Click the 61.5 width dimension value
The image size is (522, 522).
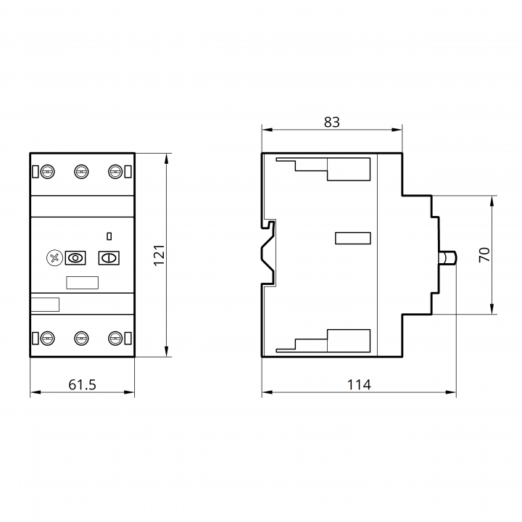coord(82,385)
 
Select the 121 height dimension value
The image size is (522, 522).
coord(159,255)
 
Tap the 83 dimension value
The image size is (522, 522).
coord(332,123)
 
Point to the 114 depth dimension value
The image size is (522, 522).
coord(359,385)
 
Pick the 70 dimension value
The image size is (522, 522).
coord(484,254)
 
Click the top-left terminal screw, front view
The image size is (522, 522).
coord(48,172)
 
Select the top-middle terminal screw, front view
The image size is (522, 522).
coord(81,172)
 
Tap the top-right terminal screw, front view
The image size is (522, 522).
coord(115,172)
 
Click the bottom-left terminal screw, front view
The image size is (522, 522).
coord(48,339)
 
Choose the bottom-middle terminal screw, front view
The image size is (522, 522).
coord(81,339)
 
